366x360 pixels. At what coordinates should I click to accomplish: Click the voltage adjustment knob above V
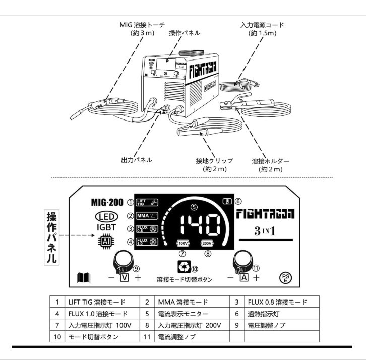point(123,260)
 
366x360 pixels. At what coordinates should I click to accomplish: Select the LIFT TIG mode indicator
point(146,202)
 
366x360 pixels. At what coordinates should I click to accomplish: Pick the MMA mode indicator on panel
point(146,216)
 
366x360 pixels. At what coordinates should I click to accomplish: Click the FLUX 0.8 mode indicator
point(146,229)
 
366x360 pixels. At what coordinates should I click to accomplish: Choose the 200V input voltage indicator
point(207,243)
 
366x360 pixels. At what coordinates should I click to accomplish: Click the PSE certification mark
point(286,277)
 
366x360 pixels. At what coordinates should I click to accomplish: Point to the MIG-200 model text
point(106,202)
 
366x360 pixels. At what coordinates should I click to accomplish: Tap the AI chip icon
point(103,242)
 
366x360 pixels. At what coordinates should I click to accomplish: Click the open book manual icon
point(83,277)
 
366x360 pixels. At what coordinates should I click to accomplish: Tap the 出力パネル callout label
point(137,159)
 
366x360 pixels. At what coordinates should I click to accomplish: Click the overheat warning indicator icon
point(227,201)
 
